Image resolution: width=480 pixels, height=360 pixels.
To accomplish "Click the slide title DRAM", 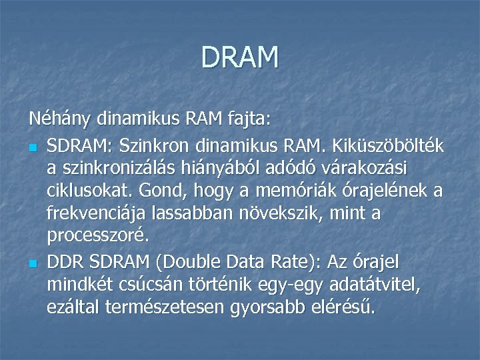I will click(239, 57).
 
